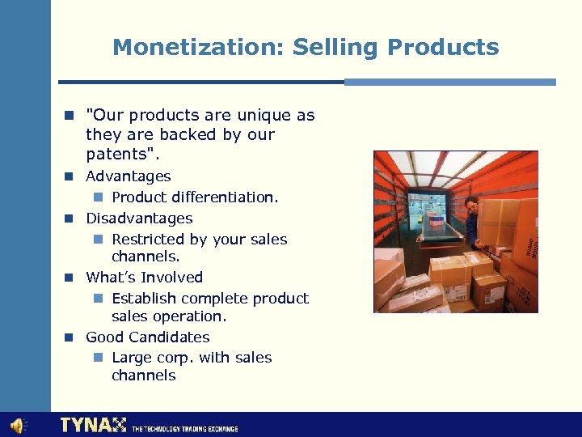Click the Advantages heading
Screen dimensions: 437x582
click(x=129, y=176)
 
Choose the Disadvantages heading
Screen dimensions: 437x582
click(x=139, y=218)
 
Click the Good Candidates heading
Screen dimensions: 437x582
click(x=147, y=337)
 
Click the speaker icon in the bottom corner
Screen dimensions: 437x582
click(x=17, y=425)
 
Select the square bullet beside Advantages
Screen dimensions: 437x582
click(x=70, y=176)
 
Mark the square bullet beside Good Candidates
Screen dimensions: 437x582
click(x=70, y=337)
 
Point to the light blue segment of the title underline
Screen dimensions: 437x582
click(x=449, y=82)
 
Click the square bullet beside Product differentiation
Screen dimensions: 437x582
click(x=97, y=197)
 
